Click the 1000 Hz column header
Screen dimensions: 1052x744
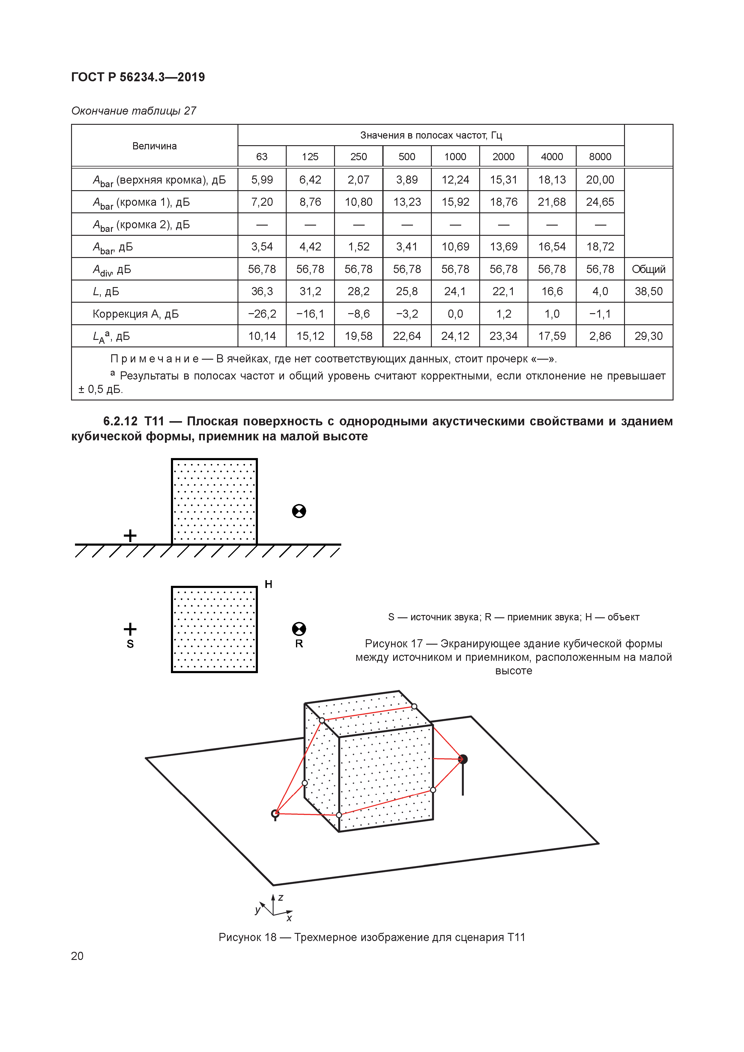[x=455, y=157]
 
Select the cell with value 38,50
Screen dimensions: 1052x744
[x=648, y=291]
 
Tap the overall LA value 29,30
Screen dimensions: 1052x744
[x=648, y=336]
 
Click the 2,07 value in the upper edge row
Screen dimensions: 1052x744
[x=358, y=180]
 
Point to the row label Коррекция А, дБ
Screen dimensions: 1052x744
[x=136, y=314]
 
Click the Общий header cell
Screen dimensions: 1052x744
[x=648, y=269]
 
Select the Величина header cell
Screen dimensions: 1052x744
[x=154, y=146]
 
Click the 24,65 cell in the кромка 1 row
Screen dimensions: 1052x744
[x=600, y=202]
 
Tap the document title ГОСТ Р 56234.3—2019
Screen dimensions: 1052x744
[x=138, y=77]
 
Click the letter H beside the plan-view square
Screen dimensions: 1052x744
[x=268, y=584]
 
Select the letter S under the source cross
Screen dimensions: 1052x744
[x=130, y=644]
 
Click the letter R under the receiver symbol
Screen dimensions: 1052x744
[x=299, y=644]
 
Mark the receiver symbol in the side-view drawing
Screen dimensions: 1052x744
[x=299, y=511]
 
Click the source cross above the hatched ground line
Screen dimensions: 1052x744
[x=130, y=535]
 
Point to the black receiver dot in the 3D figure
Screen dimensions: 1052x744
[x=463, y=759]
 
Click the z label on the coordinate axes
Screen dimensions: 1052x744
[x=281, y=898]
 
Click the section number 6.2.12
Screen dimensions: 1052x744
[x=120, y=421]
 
